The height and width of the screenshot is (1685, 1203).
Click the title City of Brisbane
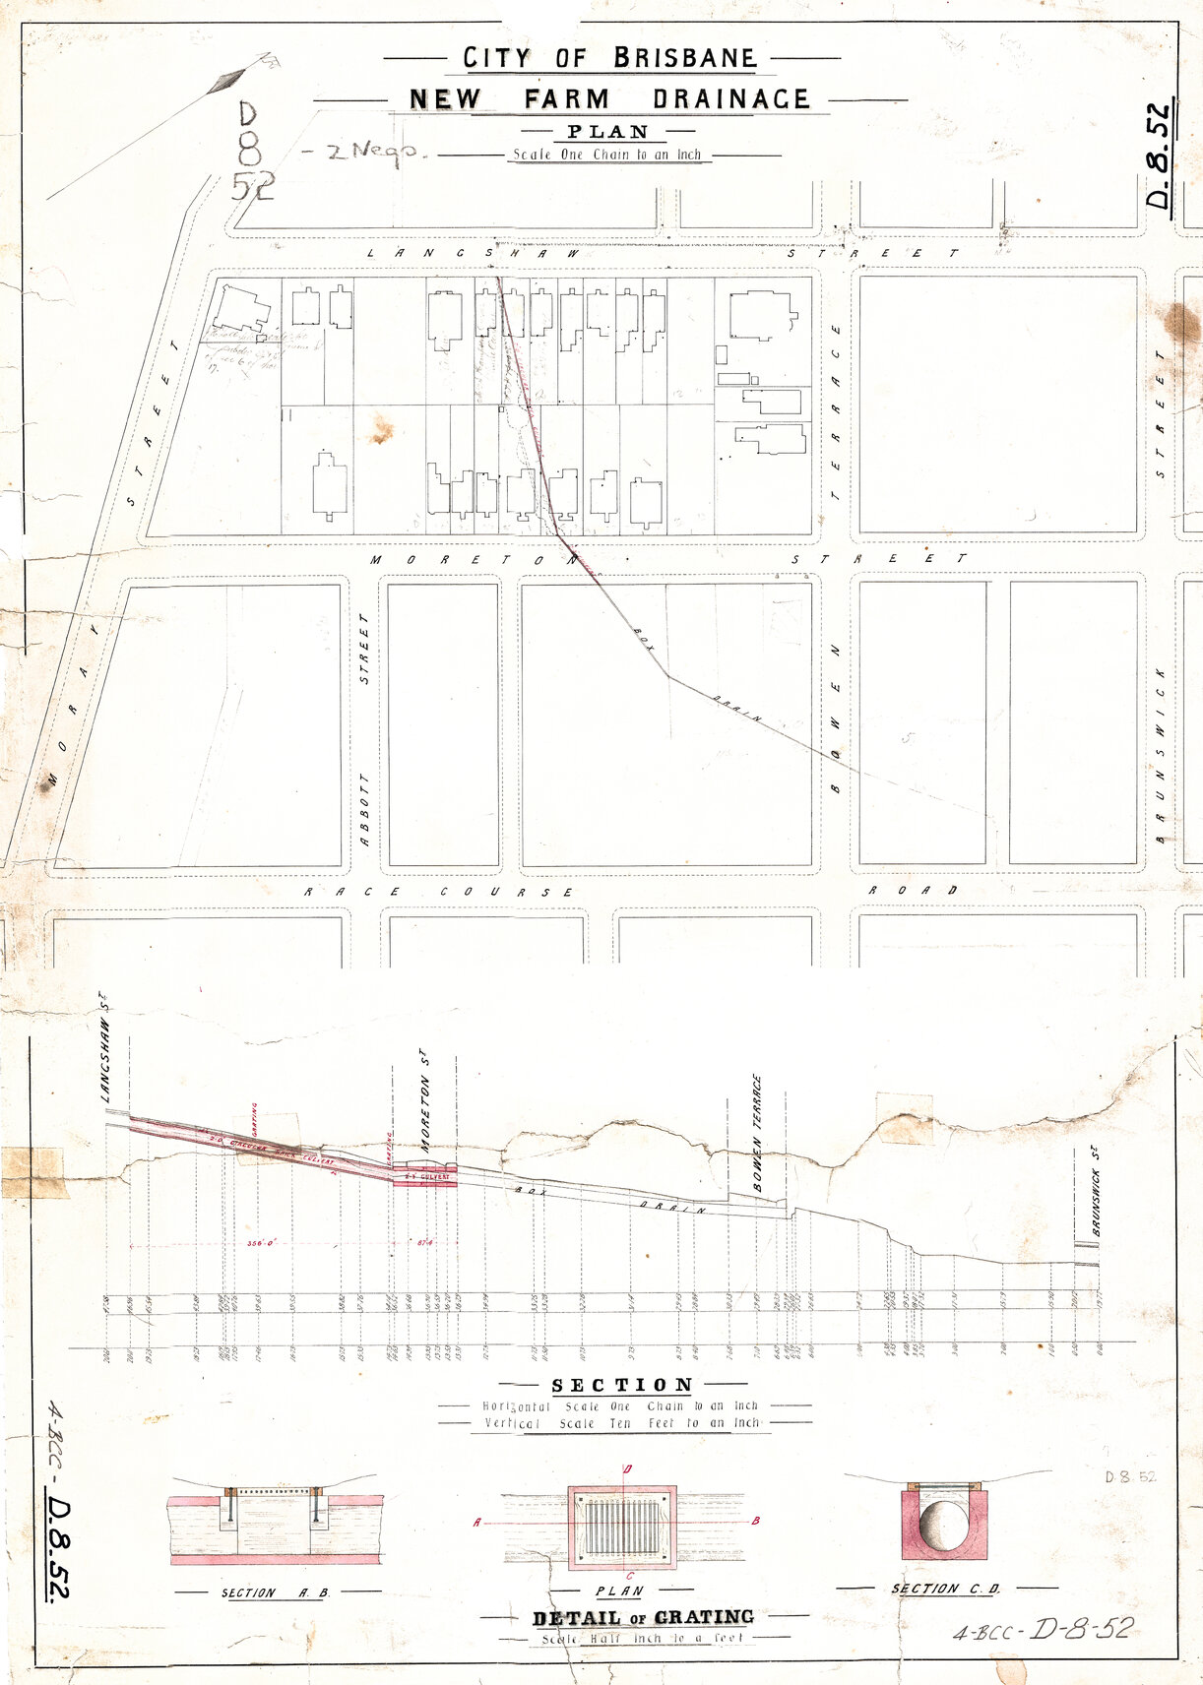[x=610, y=58]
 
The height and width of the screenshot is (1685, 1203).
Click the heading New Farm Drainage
[x=609, y=99]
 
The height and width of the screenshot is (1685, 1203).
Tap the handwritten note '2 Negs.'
[x=361, y=151]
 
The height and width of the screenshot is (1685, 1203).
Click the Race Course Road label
[x=630, y=892]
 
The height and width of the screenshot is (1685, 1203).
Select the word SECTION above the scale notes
[x=622, y=1385]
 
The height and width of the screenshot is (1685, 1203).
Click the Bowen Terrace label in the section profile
[x=758, y=1133]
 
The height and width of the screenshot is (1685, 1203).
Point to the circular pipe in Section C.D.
[x=943, y=1526]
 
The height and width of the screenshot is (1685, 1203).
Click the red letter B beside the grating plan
[x=756, y=1521]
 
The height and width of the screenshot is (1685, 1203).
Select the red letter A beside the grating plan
[x=477, y=1523]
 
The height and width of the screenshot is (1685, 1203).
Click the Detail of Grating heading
[x=643, y=1617]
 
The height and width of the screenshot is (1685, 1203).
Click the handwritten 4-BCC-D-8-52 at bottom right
[x=1042, y=1629]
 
